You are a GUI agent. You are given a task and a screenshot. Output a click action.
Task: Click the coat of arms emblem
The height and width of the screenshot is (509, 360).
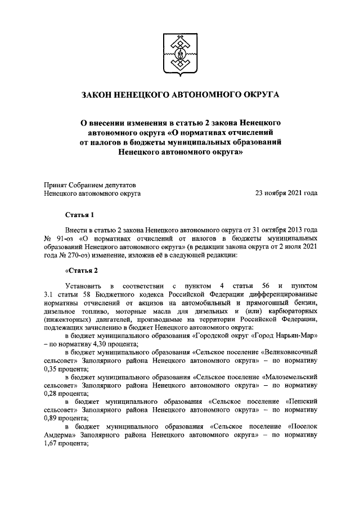[180, 55]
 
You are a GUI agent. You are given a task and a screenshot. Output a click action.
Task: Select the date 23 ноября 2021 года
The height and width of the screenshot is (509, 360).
[286, 193]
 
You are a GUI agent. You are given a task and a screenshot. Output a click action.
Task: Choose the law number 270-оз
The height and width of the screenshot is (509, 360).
[76, 255]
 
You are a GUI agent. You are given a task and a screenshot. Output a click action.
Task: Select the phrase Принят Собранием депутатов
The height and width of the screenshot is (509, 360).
[89, 184]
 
